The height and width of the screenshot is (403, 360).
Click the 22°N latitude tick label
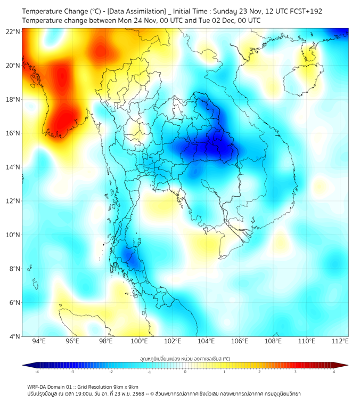point(13,31)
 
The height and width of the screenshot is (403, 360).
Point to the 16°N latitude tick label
point(13,133)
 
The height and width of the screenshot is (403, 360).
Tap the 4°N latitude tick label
point(15,336)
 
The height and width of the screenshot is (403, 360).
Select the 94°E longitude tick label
point(39,341)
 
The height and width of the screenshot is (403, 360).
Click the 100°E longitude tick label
point(139,341)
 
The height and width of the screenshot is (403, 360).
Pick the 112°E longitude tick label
point(340,341)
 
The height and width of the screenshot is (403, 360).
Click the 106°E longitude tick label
point(240,341)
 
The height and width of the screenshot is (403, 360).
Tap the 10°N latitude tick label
point(13,235)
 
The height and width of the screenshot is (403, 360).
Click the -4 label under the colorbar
point(36,372)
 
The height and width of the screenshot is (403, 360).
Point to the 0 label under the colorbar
point(185,372)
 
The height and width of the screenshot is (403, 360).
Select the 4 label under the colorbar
point(333,372)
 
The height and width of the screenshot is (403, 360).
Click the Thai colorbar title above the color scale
point(185,358)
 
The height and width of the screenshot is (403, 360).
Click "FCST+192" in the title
point(306,11)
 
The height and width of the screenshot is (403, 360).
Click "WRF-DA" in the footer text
point(37,386)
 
